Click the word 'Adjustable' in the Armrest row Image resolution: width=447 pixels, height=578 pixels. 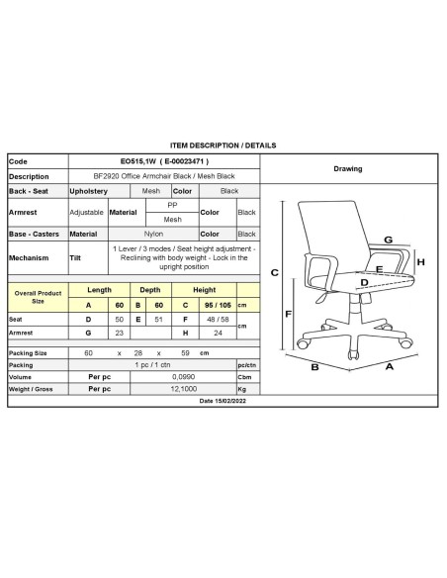pyautogui.click(x=86, y=212)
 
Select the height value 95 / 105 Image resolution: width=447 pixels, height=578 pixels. pyautogui.click(x=204, y=305)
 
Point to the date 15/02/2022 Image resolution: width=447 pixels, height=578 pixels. pyautogui.click(x=223, y=401)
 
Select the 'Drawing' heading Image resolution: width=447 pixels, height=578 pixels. pyautogui.click(x=347, y=168)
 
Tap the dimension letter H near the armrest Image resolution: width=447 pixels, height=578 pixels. pyautogui.click(x=420, y=262)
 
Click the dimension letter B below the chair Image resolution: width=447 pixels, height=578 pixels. pyautogui.click(x=313, y=367)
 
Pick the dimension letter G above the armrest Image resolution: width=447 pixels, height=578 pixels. pyautogui.click(x=388, y=241)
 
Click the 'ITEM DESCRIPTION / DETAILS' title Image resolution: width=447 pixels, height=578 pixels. pyautogui.click(x=223, y=144)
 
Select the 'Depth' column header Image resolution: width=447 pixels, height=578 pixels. pyautogui.click(x=149, y=290)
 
